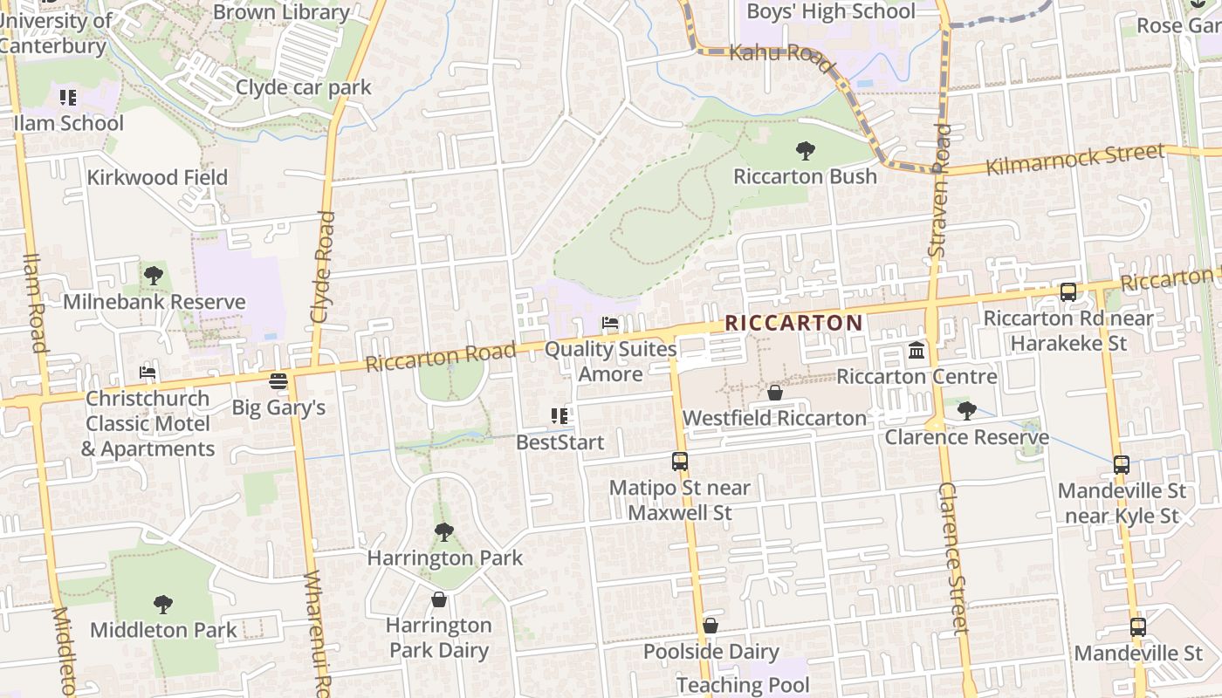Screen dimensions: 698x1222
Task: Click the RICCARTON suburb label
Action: click(x=793, y=323)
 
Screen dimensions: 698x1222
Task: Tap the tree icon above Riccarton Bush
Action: click(x=805, y=151)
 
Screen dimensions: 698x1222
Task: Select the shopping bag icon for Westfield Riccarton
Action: click(x=774, y=393)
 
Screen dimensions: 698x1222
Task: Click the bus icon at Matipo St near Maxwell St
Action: click(x=679, y=462)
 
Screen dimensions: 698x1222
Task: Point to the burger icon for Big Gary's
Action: click(x=278, y=381)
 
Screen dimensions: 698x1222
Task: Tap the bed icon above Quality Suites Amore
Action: click(x=610, y=324)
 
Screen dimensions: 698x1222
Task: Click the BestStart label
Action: click(x=560, y=442)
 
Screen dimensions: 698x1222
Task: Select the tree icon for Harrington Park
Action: click(x=444, y=531)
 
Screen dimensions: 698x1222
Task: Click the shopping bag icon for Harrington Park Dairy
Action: click(x=439, y=599)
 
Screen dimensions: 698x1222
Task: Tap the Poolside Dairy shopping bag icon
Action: click(x=711, y=626)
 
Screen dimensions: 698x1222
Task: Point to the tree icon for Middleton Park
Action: click(x=163, y=604)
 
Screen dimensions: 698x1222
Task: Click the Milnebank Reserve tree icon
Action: click(x=154, y=276)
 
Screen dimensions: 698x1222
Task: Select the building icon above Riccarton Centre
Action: click(x=916, y=351)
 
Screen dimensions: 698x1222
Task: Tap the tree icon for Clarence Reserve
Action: click(x=966, y=410)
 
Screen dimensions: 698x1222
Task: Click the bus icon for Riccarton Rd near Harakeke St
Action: click(x=1068, y=292)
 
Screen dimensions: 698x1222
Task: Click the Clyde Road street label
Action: click(x=323, y=266)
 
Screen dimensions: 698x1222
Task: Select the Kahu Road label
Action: click(x=771, y=52)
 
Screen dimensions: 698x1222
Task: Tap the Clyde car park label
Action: click(x=303, y=87)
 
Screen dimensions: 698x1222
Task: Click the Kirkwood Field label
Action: click(x=157, y=177)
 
